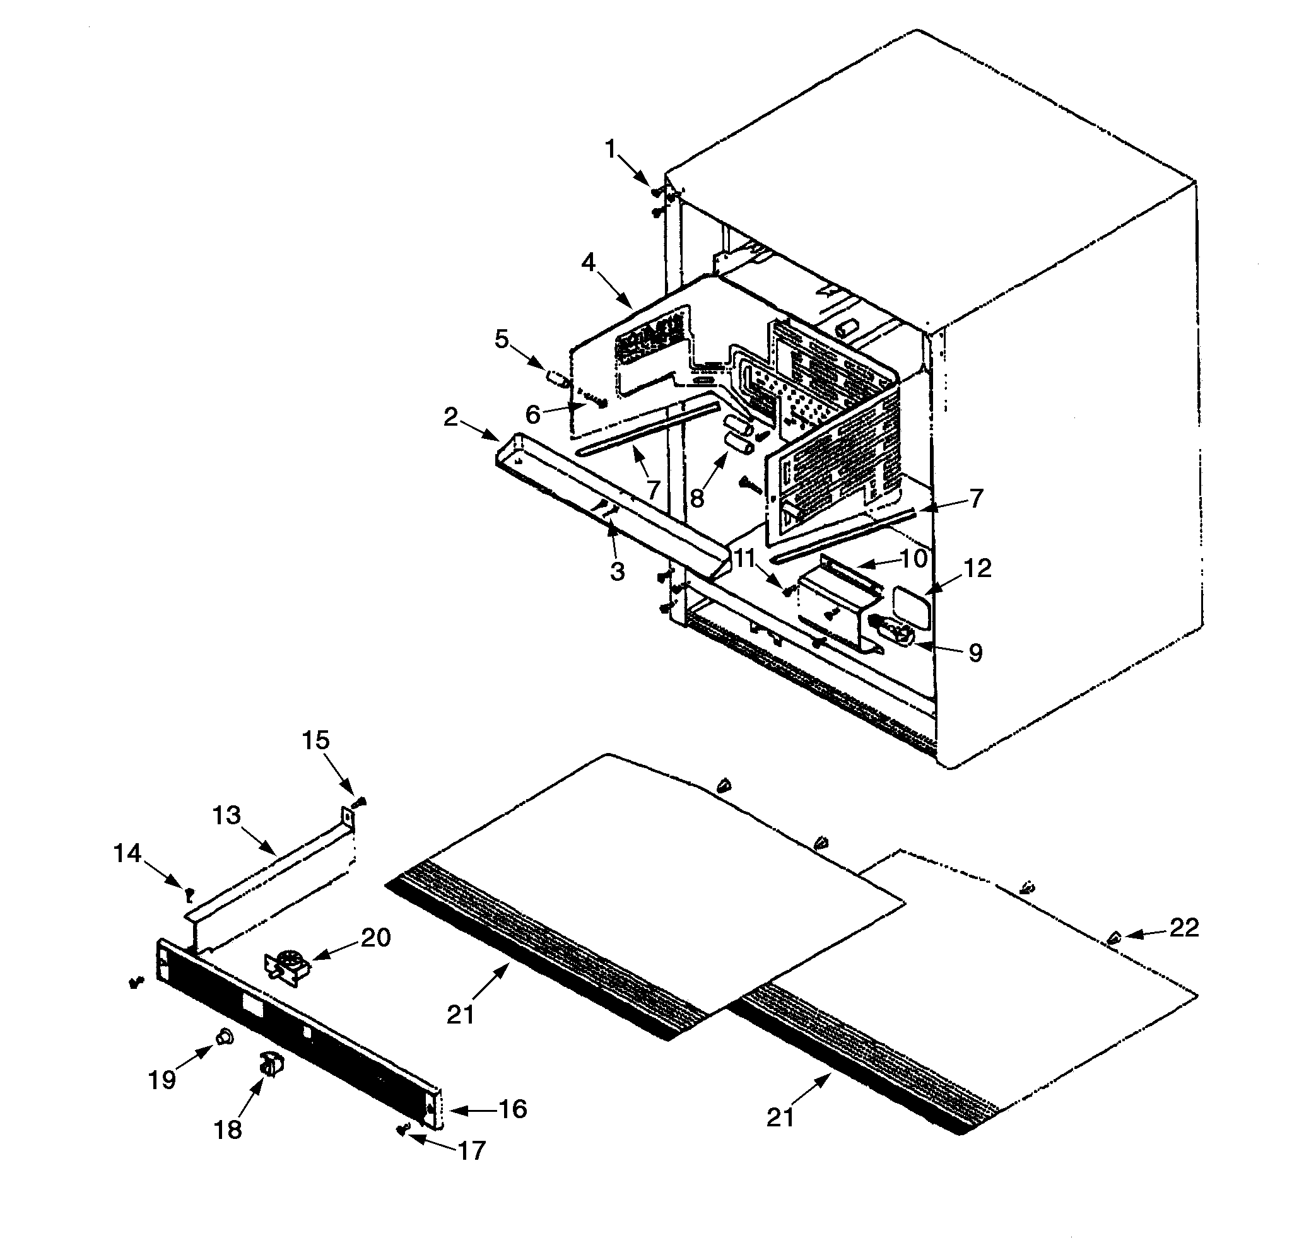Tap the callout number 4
point(587,263)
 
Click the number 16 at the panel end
point(512,1109)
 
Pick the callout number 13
point(226,815)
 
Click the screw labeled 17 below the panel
point(402,1129)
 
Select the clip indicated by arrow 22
point(1113,938)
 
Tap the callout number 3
point(616,572)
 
